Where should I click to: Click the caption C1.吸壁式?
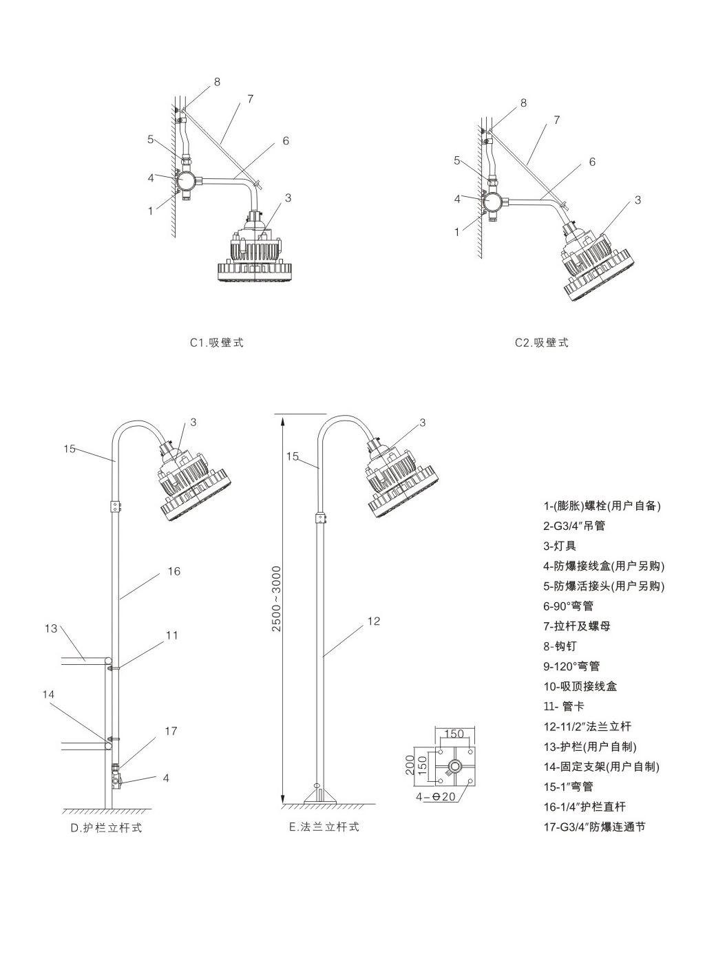tap(217, 343)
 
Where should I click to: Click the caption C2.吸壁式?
tap(542, 343)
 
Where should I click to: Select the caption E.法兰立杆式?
tap(324, 827)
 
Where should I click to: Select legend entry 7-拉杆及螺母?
tap(576, 626)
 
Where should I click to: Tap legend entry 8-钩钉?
tap(560, 646)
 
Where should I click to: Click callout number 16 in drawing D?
tap(173, 571)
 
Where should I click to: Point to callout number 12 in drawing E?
tap(373, 621)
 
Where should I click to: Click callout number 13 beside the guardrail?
tap(50, 628)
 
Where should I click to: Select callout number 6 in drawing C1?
tap(285, 141)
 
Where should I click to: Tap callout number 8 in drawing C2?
tap(523, 103)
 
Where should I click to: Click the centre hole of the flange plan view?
tap(454, 766)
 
